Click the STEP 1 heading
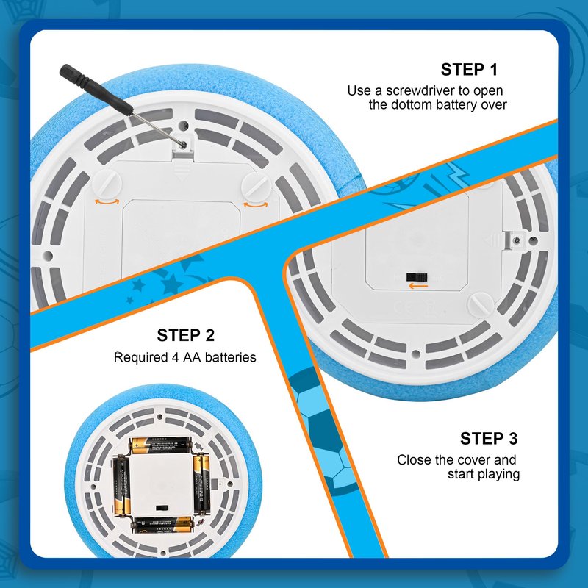(x=469, y=70)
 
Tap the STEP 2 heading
(x=186, y=335)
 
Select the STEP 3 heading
(x=489, y=438)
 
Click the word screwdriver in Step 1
(x=418, y=90)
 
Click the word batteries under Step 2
(x=231, y=357)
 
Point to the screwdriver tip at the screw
(x=183, y=144)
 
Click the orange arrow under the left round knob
(x=107, y=202)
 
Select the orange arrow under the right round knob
(x=256, y=204)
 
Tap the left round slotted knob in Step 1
(x=107, y=183)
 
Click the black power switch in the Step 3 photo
(x=417, y=277)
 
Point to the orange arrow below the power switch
(x=417, y=286)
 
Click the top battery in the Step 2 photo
(x=161, y=445)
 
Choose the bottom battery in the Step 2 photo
(x=163, y=525)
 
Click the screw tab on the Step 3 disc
(x=516, y=240)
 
